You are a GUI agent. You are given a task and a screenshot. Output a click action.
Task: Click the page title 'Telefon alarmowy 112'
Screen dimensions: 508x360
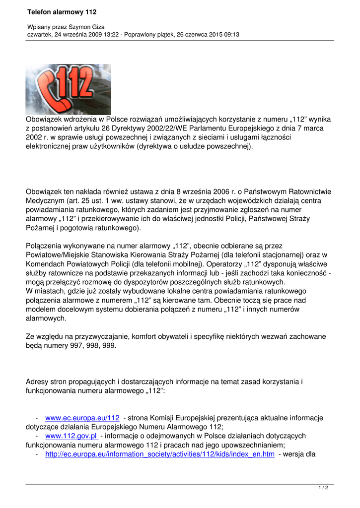[62, 11]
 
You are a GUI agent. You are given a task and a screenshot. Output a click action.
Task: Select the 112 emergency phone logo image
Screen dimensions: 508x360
[68, 89]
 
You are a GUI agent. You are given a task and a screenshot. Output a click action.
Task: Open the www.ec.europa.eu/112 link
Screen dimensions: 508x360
[82, 418]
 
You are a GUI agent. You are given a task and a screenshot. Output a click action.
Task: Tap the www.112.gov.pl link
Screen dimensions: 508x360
[71, 436]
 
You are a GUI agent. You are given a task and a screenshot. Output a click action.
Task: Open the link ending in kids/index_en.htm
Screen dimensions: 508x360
[159, 454]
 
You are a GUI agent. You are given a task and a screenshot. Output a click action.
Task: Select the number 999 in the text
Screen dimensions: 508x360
[109, 345]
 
